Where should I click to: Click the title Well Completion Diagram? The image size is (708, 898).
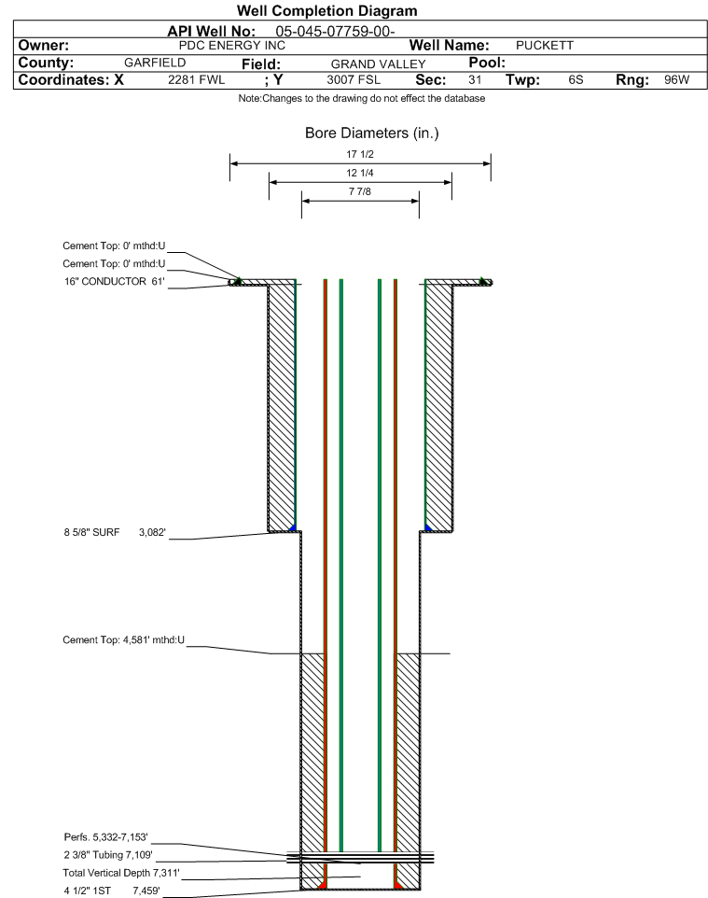click(x=326, y=11)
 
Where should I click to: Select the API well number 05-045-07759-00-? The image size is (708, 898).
click(x=335, y=32)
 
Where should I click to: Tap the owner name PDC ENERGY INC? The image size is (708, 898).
click(x=232, y=46)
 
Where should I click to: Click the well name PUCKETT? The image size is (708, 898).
click(x=545, y=46)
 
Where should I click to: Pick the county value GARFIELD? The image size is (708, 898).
click(x=155, y=63)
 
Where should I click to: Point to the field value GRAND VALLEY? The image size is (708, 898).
click(x=378, y=64)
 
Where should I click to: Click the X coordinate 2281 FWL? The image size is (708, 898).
click(x=196, y=80)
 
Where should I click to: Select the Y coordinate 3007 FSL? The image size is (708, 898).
click(x=354, y=80)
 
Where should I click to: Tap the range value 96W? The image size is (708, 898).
click(x=676, y=80)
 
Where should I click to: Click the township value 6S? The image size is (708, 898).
click(x=576, y=80)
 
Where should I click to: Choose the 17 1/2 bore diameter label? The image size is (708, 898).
click(x=360, y=154)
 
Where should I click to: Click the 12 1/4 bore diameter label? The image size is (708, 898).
click(x=360, y=173)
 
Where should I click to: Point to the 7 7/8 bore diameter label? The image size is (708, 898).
click(x=360, y=192)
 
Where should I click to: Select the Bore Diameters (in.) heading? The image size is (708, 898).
click(x=371, y=133)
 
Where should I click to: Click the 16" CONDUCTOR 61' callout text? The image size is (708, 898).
click(x=114, y=282)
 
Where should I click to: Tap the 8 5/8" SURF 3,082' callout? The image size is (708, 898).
click(x=115, y=533)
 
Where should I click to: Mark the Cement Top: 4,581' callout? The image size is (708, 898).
click(x=124, y=640)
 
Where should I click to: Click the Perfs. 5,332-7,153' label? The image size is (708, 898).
click(x=106, y=837)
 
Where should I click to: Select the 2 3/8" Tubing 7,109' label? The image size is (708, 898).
click(x=108, y=855)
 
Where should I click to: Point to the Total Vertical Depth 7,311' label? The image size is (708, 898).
click(x=121, y=873)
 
